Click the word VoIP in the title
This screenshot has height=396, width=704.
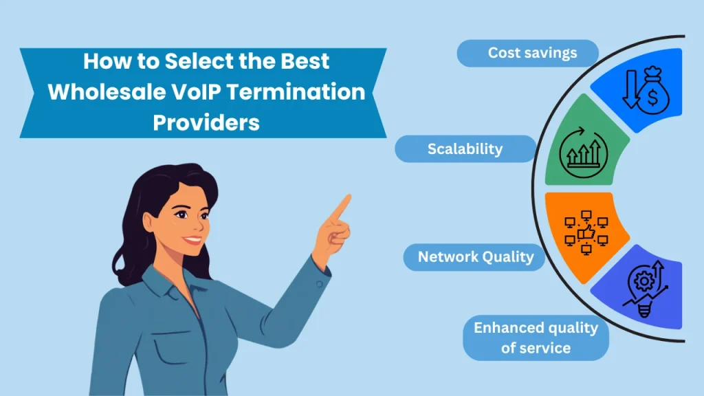pos(196,92)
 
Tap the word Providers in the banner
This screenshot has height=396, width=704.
pos(206,122)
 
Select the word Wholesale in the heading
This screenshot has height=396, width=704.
pos(107,92)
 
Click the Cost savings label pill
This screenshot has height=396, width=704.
pos(527,53)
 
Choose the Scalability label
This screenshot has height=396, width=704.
pos(465,148)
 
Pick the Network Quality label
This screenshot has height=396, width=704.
pos(474,257)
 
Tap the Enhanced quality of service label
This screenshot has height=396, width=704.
pos(536,338)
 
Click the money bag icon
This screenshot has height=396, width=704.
pos(653,91)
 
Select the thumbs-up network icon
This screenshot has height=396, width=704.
pos(586,232)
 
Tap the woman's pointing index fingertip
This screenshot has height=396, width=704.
pos(348,197)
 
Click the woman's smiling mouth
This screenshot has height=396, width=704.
pos(193,240)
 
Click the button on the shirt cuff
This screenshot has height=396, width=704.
pos(319,284)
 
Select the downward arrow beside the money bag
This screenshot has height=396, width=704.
pos(631,89)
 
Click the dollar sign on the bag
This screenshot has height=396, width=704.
pos(653,97)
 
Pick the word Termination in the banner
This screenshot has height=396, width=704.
pos(296,92)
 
